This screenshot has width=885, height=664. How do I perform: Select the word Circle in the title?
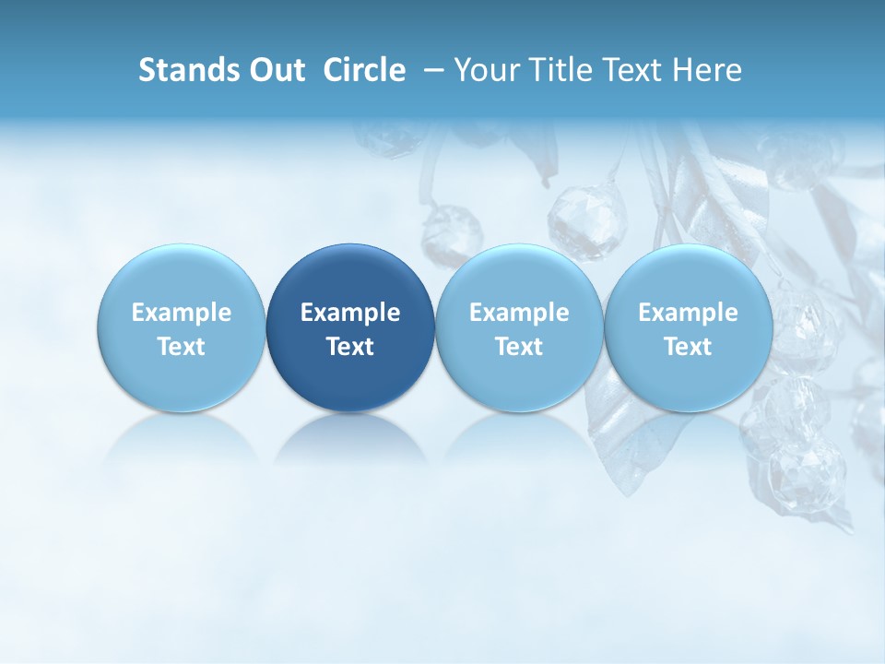point(364,70)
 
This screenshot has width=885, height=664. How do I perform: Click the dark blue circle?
point(350,277)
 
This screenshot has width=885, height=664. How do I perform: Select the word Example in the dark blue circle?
point(350,313)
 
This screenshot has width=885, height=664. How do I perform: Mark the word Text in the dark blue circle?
point(350,347)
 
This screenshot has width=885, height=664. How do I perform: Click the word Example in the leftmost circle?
point(182,313)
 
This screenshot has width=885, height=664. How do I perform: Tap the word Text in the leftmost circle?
point(182,347)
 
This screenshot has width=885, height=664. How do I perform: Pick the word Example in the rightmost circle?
point(688,313)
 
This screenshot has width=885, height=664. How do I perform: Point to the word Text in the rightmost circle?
point(688,347)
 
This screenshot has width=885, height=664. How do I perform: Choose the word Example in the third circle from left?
point(519,313)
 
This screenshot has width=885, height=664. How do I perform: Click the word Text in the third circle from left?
point(519,347)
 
